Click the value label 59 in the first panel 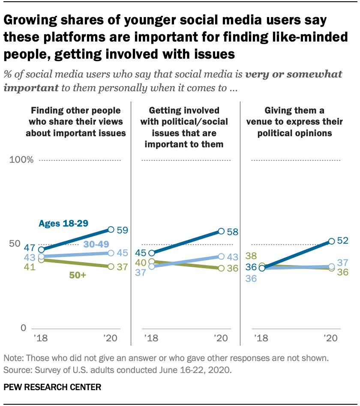point(122,230)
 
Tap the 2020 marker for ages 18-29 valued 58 point(221,231)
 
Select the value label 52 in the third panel point(342,240)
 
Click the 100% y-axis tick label point(21,160)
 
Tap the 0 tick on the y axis point(24,328)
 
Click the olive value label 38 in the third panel point(251,256)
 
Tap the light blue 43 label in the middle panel point(232,257)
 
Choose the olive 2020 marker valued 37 point(111,266)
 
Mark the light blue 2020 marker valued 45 point(111,253)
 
